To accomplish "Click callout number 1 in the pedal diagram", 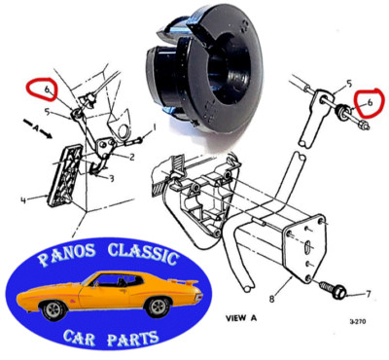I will pos(153,127).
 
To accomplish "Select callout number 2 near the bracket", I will pos(132,155).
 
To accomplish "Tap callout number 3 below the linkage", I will pos(111,178).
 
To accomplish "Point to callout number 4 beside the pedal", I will pos(22,203).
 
